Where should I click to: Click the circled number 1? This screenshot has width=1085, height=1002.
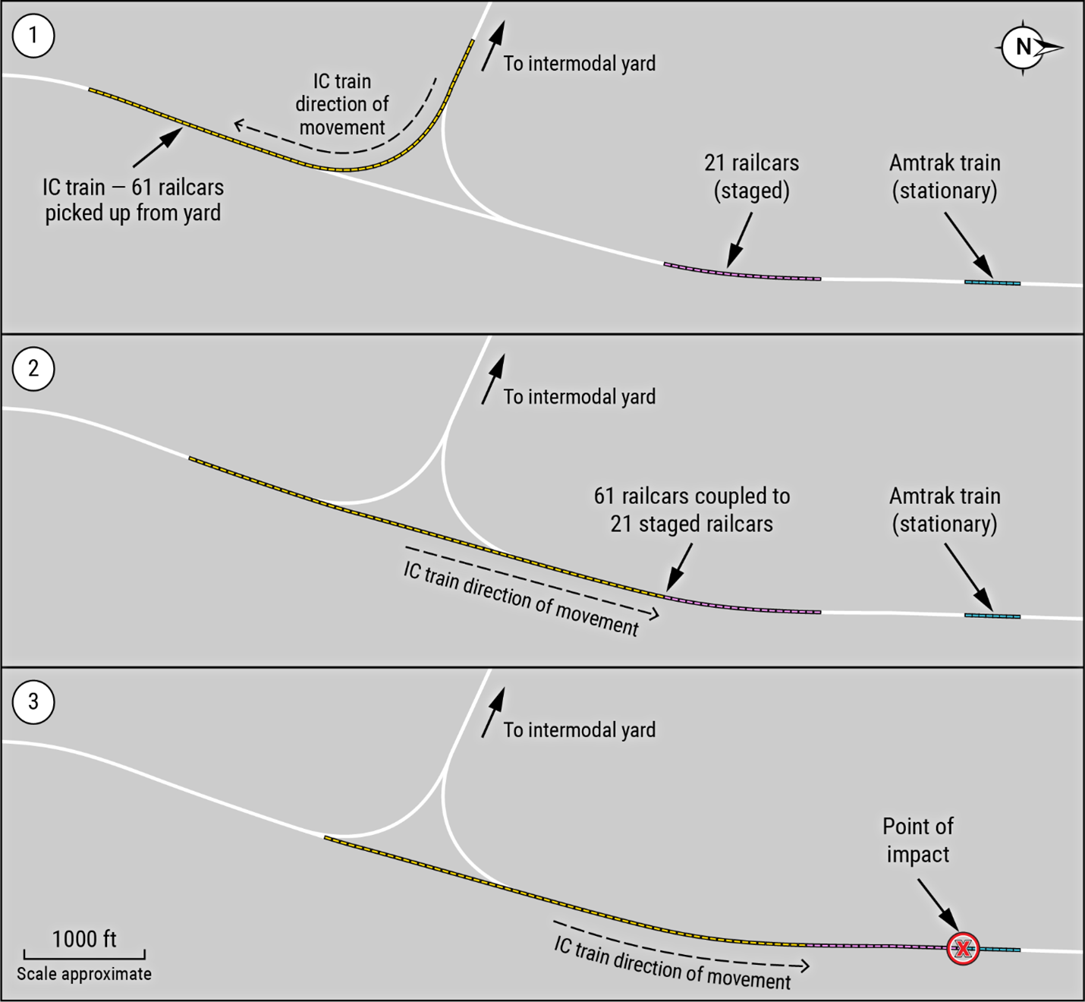click(33, 36)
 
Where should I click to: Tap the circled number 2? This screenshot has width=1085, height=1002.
click(33, 369)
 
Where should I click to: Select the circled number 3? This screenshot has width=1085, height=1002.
click(33, 701)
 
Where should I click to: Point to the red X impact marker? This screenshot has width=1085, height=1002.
click(963, 948)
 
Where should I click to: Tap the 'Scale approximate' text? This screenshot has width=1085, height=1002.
click(84, 974)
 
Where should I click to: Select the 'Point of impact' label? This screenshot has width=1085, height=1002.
click(917, 840)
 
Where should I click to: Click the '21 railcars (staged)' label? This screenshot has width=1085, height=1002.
click(751, 176)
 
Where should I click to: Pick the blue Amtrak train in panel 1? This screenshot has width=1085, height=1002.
click(992, 283)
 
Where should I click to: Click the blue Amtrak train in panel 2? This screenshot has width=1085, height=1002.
click(992, 616)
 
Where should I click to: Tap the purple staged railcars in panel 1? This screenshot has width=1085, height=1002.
click(742, 273)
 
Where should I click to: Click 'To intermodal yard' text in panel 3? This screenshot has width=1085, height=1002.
click(580, 730)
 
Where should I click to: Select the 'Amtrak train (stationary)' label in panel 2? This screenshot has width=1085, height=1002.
click(945, 509)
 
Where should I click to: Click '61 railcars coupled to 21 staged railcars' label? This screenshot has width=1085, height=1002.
click(691, 509)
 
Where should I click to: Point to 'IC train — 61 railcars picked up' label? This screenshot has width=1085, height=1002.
click(133, 200)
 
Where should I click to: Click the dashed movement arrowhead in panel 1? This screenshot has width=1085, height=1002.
click(237, 124)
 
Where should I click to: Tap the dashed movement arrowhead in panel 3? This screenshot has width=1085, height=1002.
click(805, 966)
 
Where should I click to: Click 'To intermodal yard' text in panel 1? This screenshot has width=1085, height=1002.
click(580, 64)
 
